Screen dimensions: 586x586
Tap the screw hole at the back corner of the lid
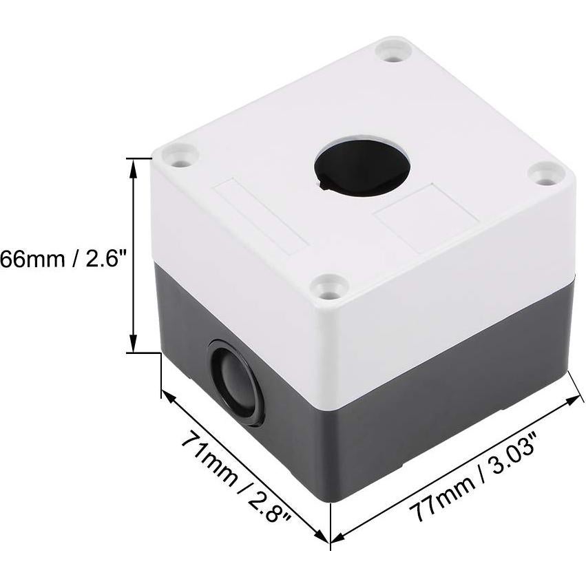pos(393,52)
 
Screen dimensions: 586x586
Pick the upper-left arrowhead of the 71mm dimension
pos(167,395)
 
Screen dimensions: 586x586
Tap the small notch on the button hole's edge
pos(323,183)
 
